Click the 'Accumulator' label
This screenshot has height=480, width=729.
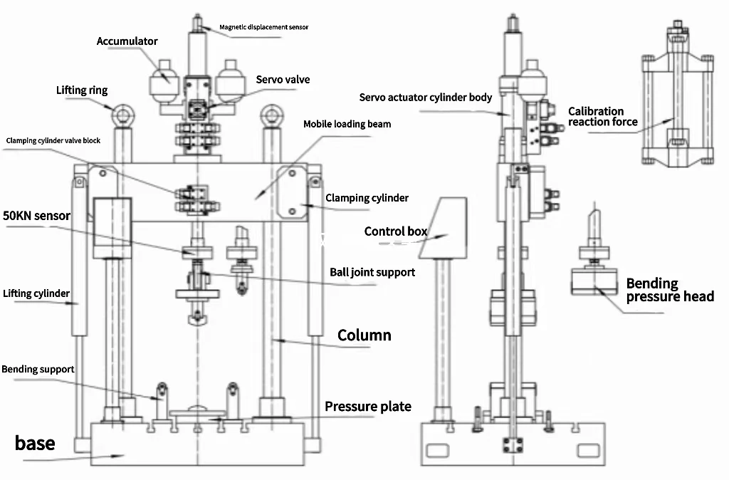click(x=127, y=41)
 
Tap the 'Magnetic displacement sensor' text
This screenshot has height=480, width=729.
click(x=263, y=27)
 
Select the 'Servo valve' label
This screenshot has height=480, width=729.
click(x=283, y=80)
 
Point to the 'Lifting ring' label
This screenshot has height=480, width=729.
click(x=82, y=90)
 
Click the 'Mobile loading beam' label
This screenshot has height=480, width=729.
click(x=347, y=124)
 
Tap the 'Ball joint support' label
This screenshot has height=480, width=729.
click(x=372, y=272)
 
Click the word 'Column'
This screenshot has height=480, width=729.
click(x=364, y=335)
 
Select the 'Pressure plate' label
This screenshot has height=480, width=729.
click(x=368, y=407)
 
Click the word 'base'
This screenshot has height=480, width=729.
click(x=35, y=443)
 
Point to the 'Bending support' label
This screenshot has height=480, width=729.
click(x=38, y=370)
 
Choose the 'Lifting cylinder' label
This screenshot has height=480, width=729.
click(x=36, y=293)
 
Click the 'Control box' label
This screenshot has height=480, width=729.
click(x=395, y=231)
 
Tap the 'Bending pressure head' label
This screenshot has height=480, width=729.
click(x=669, y=290)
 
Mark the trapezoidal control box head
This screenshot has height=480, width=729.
click(x=446, y=228)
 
